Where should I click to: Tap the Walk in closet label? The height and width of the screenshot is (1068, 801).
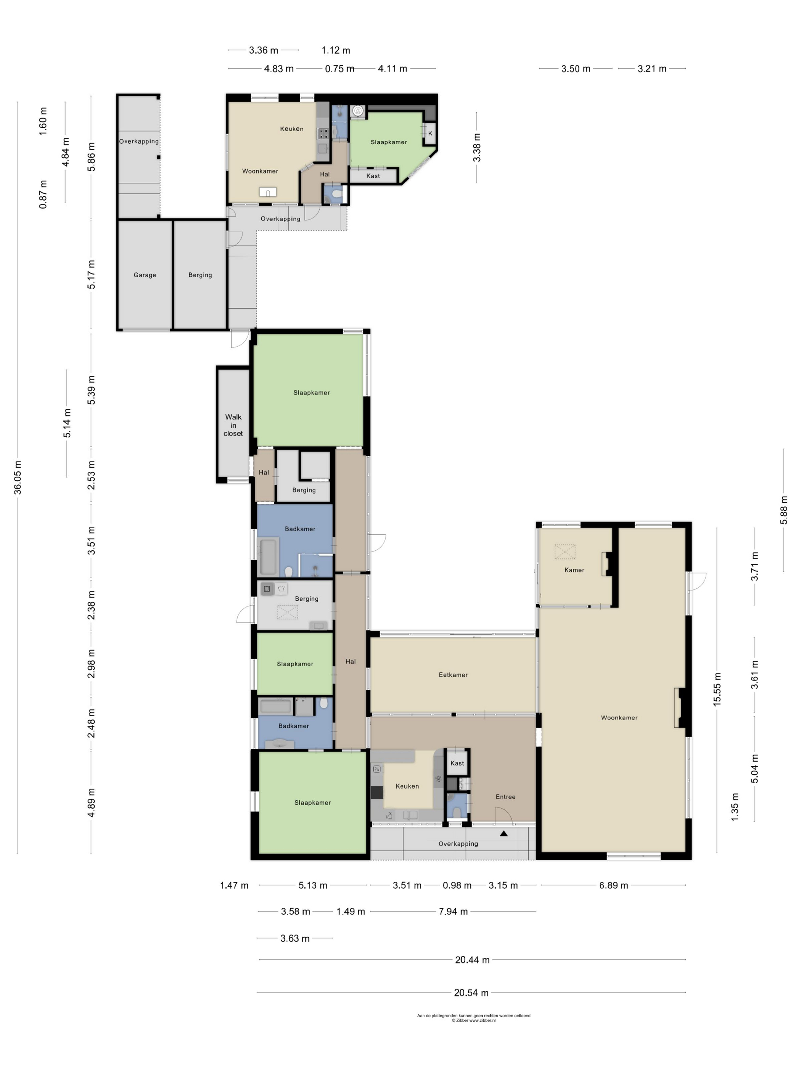coord(233,425)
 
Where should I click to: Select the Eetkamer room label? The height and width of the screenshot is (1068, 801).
coord(453,674)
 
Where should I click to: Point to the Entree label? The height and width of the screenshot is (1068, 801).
coord(505,797)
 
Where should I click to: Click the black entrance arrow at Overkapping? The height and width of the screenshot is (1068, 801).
coord(503,833)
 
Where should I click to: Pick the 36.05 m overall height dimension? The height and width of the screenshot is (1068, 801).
coord(18,478)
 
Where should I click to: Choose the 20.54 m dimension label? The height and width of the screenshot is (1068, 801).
coord(471,993)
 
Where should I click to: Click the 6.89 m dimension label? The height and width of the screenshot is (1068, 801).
coord(614,885)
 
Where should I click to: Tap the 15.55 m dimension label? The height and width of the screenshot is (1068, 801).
coord(717,689)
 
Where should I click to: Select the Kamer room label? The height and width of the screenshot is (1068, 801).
coord(574,570)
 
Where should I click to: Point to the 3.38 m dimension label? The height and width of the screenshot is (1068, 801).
coord(476,148)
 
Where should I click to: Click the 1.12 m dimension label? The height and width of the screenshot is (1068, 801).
coord(336,50)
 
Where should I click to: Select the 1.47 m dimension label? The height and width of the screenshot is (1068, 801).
coord(234,885)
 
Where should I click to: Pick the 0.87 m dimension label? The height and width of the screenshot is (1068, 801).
coord(43,194)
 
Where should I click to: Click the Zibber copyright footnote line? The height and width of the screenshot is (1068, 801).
coord(473,1020)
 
